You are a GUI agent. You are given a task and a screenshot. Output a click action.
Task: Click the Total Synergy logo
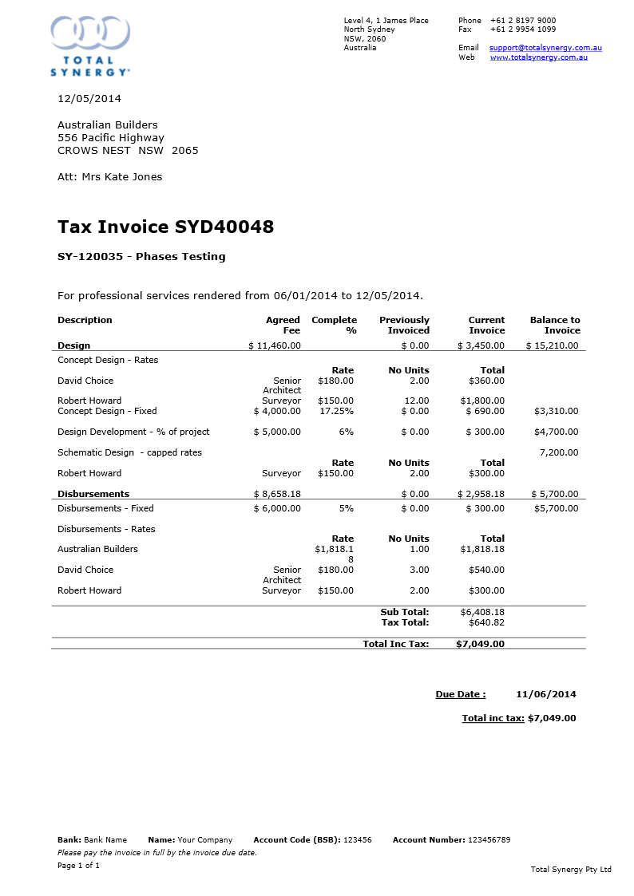point(89,45)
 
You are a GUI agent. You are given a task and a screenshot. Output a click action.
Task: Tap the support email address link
point(545,48)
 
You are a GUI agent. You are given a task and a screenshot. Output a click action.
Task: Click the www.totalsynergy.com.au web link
point(539,57)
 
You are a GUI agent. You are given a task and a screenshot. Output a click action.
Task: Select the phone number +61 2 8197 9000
point(523,21)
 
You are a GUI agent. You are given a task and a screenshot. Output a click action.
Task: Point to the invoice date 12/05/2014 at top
point(89,99)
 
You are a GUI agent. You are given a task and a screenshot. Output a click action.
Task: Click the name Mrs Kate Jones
point(121,177)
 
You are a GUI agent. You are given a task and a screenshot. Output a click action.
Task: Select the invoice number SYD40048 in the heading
point(224,227)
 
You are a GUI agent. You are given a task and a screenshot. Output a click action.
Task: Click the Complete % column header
point(334,325)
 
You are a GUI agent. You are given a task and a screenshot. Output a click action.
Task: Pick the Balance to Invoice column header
point(555,325)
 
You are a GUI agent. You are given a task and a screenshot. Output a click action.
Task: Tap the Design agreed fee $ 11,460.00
point(275,345)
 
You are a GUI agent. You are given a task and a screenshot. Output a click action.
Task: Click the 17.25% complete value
point(336,411)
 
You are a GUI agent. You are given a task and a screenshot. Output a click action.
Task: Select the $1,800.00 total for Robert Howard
point(482,401)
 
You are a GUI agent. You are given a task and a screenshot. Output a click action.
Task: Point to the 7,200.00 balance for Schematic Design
point(558,452)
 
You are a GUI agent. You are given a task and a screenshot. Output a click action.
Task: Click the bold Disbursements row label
point(93,494)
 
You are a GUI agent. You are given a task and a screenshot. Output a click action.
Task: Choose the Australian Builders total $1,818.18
point(482,549)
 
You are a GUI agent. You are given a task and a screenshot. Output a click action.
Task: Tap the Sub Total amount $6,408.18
point(482,612)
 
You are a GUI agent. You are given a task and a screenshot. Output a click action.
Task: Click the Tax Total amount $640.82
point(486,622)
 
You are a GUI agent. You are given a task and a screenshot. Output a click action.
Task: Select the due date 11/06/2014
point(546,694)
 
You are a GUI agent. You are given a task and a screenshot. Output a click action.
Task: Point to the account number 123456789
point(489,840)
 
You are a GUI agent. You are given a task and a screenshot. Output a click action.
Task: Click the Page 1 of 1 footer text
point(78,866)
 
